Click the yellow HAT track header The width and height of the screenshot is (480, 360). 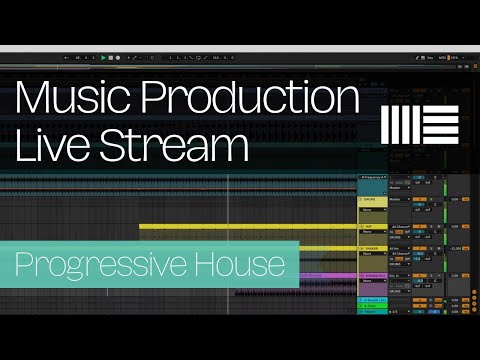point(372,227)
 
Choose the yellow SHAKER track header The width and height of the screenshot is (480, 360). point(372,249)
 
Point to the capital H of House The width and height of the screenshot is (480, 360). point(218,264)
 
